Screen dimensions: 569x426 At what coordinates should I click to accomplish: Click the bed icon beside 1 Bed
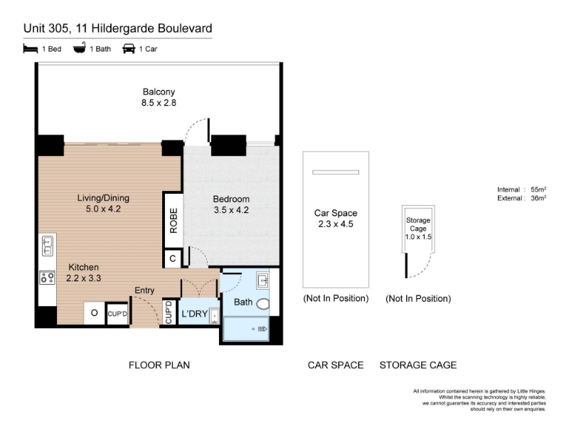31,48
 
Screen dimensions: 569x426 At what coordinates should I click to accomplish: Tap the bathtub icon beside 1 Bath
80,48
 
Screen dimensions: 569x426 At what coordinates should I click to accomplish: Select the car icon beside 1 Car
129,48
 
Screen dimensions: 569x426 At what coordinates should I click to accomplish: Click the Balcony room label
159,92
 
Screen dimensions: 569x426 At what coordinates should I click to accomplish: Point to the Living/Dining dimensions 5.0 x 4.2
103,209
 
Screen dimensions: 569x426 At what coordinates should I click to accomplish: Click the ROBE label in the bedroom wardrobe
174,221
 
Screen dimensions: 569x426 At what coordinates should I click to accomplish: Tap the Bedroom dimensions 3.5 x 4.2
231,209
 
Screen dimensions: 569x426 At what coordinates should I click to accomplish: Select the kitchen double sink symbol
48,245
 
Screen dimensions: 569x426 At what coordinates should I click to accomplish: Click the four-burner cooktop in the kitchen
48,278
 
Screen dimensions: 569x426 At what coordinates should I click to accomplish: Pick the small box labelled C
173,258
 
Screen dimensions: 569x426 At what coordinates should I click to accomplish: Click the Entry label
144,290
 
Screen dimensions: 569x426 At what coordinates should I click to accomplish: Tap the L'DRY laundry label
194,314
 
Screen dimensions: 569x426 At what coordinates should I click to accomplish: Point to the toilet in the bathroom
262,304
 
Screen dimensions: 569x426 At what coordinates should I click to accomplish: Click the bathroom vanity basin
262,280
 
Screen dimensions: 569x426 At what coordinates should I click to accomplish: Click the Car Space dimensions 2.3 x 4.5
336,224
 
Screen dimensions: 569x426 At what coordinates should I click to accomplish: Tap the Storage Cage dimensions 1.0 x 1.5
418,237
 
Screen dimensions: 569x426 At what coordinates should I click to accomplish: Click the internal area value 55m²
538,190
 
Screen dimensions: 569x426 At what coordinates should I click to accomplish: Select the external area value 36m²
538,198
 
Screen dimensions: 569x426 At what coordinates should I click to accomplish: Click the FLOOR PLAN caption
159,365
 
